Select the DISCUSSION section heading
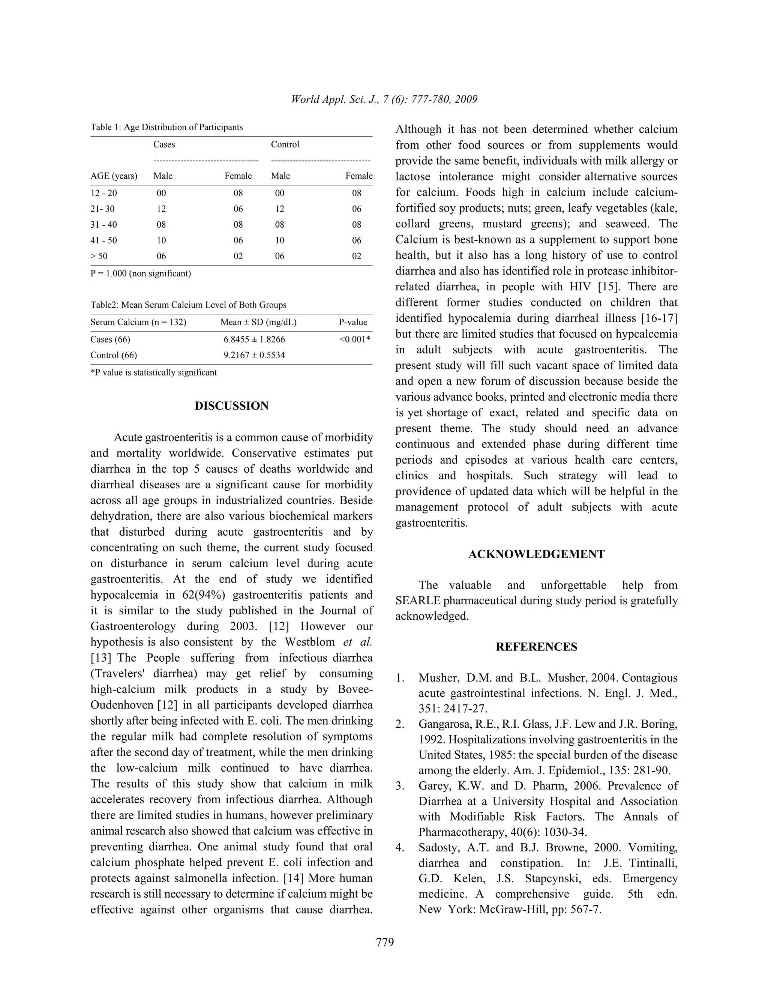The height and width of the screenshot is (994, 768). point(232,406)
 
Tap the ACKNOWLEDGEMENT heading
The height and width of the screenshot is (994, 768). point(536,554)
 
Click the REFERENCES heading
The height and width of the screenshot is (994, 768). point(536,647)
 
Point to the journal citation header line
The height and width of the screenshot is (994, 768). point(384,99)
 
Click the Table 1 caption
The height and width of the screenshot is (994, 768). point(166,127)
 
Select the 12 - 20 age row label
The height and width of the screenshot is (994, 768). point(104,193)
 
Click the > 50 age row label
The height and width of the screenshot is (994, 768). point(99,256)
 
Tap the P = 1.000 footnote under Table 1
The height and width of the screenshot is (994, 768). point(141,273)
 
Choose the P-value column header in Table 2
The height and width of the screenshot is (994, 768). point(352,322)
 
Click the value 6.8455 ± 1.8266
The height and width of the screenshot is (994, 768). point(254,339)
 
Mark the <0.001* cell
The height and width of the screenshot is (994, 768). point(354,339)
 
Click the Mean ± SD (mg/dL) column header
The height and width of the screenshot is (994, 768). point(258,322)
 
